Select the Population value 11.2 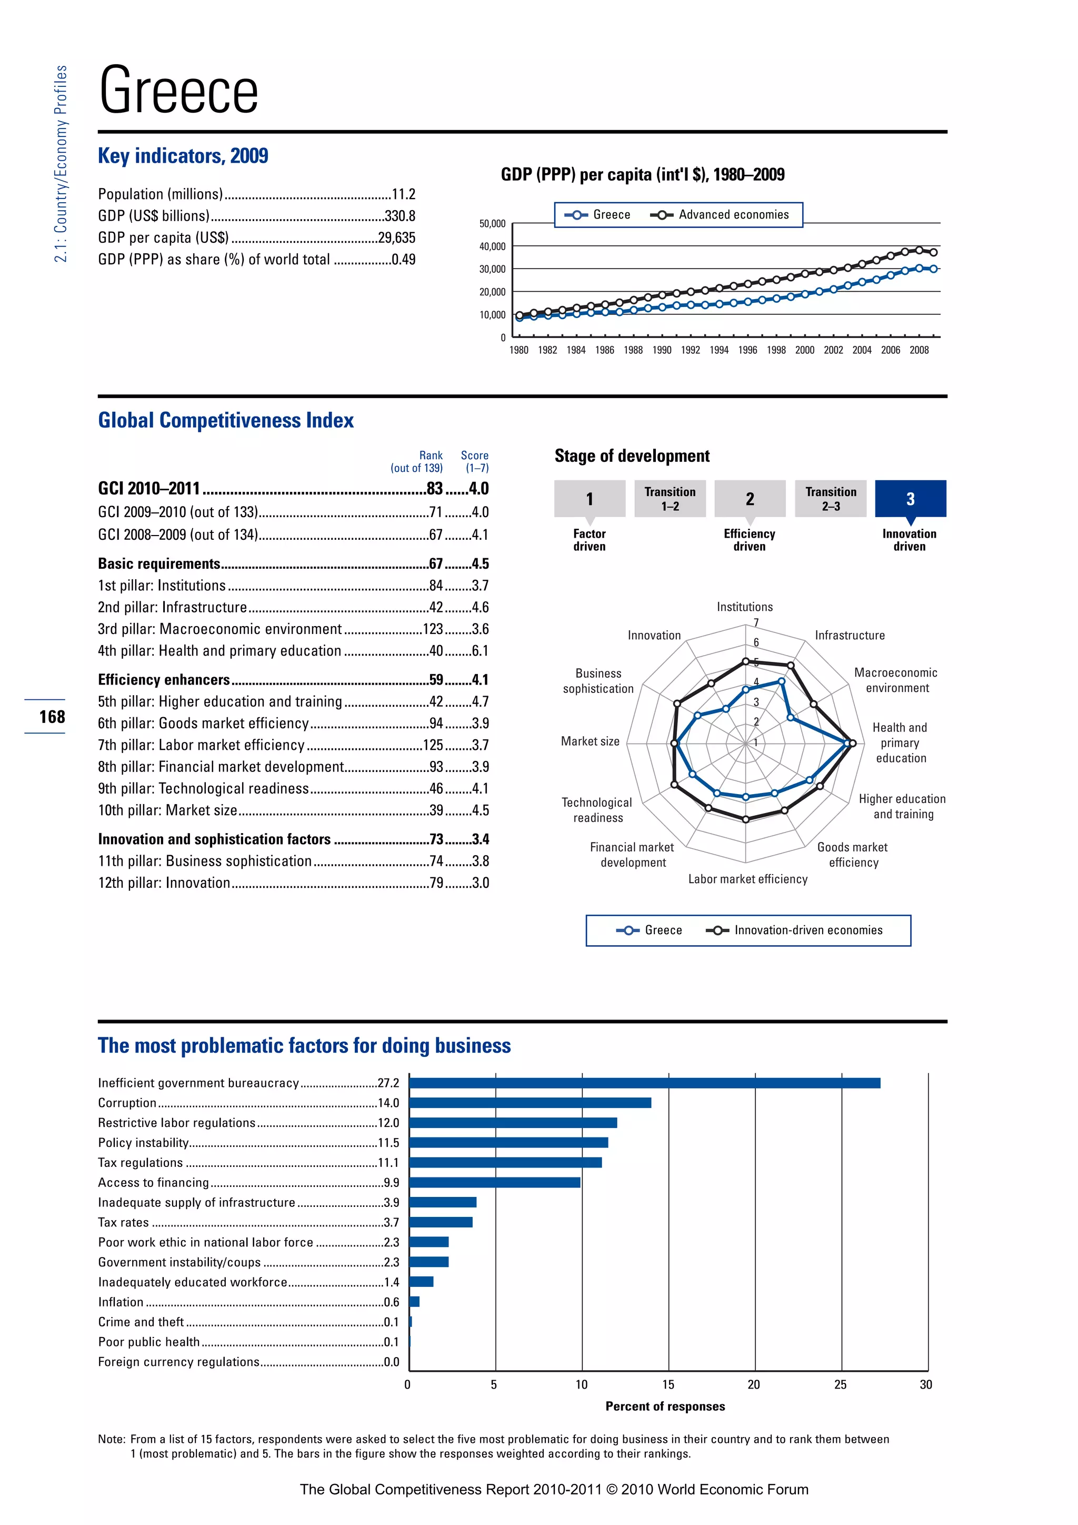click(404, 194)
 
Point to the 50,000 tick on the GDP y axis click(492, 224)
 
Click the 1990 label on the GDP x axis click(662, 350)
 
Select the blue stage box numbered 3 click(910, 499)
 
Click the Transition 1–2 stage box click(670, 499)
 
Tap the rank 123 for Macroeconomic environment click(433, 629)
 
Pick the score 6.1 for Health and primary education click(480, 651)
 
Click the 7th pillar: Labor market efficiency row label click(201, 745)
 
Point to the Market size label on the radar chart click(590, 741)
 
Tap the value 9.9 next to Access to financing click(391, 1182)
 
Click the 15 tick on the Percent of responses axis click(668, 1385)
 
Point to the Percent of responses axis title click(665, 1406)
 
